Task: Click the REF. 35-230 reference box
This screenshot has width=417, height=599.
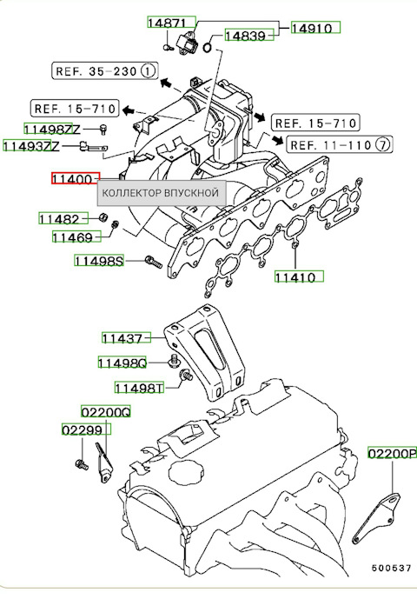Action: pos(105,70)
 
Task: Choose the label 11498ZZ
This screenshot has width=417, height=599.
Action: pos(63,130)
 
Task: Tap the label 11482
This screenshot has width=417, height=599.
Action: pos(62,218)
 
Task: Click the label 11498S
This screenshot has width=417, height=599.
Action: pos(99,260)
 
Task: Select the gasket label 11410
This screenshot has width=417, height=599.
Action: pos(299,277)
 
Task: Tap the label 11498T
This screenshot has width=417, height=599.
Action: pos(139,388)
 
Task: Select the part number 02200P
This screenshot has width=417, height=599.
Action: pos(392,453)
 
